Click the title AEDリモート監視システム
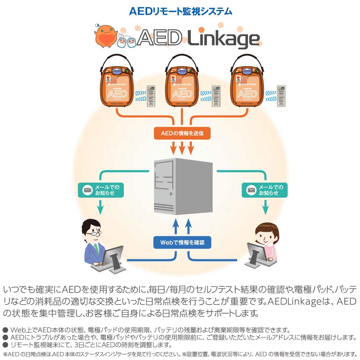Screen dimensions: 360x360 tap(180, 11)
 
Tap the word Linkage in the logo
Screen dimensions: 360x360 tap(224, 39)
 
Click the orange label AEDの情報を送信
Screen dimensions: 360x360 tap(182, 133)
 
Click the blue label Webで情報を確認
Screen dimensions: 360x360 tap(182, 242)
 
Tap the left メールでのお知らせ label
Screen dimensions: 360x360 tap(101, 190)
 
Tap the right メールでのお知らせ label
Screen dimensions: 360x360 tap(265, 190)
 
